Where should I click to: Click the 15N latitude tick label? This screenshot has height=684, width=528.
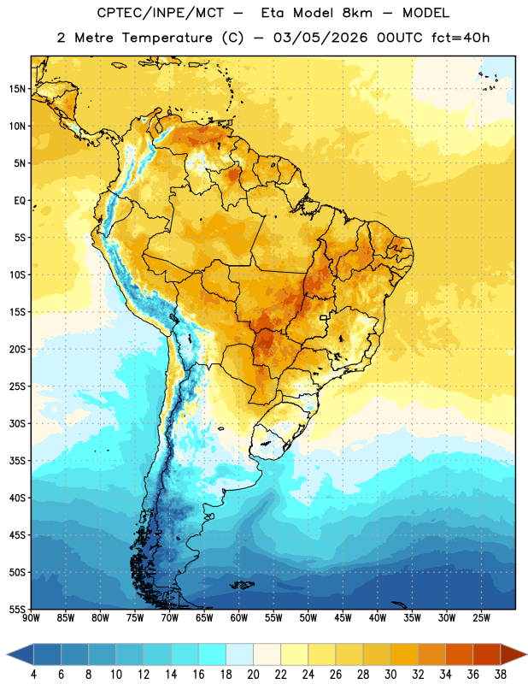18,89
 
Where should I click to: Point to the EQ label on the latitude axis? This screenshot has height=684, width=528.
20,201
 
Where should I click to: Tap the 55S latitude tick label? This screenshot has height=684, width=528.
18,610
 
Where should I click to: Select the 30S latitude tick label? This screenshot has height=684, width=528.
18,423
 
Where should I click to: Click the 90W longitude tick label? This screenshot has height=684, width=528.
31,618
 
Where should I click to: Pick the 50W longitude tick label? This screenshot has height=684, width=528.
308,618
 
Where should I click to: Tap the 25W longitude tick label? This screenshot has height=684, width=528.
481,618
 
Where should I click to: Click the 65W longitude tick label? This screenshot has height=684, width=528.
204,618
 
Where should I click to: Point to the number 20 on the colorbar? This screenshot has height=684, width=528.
253,675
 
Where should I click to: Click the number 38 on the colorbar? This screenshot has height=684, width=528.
500,675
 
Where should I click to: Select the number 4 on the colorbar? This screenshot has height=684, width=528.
33,675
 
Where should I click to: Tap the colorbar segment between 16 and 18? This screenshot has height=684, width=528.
213,654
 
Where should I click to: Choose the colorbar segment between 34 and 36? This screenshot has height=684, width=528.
459,654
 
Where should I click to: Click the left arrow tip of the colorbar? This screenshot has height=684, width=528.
7,654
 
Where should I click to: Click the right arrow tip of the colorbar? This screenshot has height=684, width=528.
526,654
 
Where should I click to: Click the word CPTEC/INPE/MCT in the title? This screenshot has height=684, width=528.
161,13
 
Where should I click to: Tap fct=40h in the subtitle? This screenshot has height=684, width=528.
461,38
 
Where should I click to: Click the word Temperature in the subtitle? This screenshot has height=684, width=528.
167,38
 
